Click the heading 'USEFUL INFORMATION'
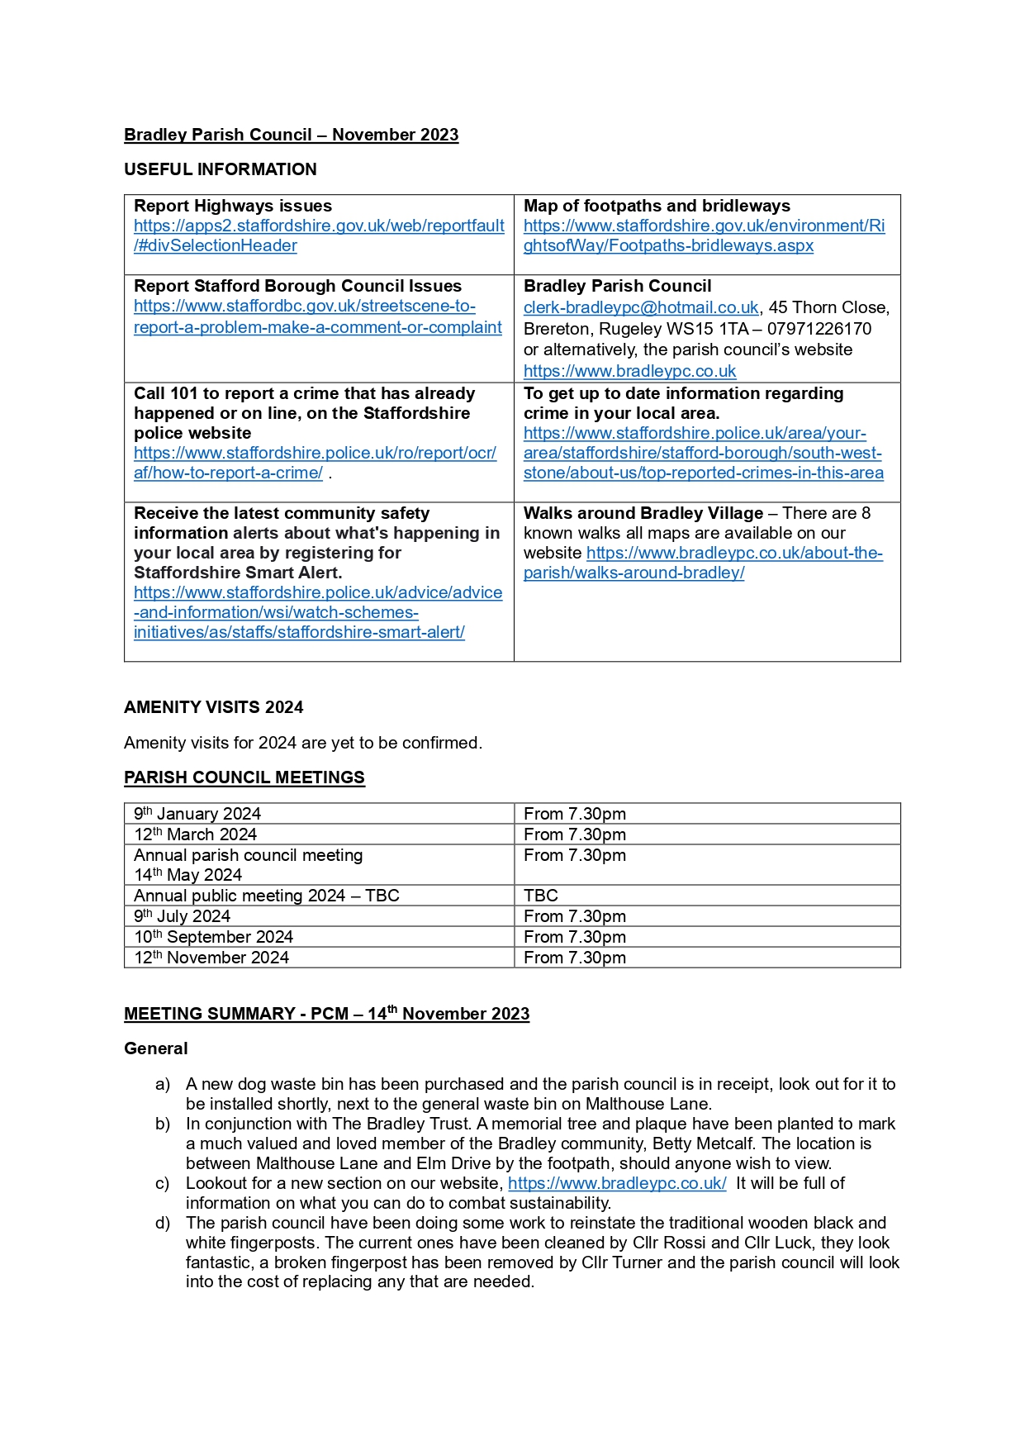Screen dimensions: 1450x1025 coord(220,169)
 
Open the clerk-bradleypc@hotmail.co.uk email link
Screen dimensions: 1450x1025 coord(640,308)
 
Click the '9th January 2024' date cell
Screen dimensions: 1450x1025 coord(197,814)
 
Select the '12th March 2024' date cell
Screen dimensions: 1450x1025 coord(196,834)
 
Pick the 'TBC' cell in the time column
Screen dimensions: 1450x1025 coord(541,896)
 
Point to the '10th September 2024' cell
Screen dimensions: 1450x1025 coord(214,937)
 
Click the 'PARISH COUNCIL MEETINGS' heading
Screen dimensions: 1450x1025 coord(244,777)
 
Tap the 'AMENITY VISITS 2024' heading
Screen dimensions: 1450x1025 coord(213,707)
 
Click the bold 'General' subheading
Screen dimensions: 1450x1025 coord(156,1048)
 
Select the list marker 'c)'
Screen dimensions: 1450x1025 coord(163,1183)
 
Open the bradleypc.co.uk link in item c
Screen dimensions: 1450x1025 coord(617,1183)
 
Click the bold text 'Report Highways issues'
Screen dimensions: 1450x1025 coord(233,206)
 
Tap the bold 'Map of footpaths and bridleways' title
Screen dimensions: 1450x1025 coord(657,206)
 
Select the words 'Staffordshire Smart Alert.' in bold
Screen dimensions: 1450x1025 coord(238,573)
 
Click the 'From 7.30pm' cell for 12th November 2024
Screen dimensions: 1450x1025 coord(575,958)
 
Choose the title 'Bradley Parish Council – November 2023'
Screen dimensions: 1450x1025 coord(291,135)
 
